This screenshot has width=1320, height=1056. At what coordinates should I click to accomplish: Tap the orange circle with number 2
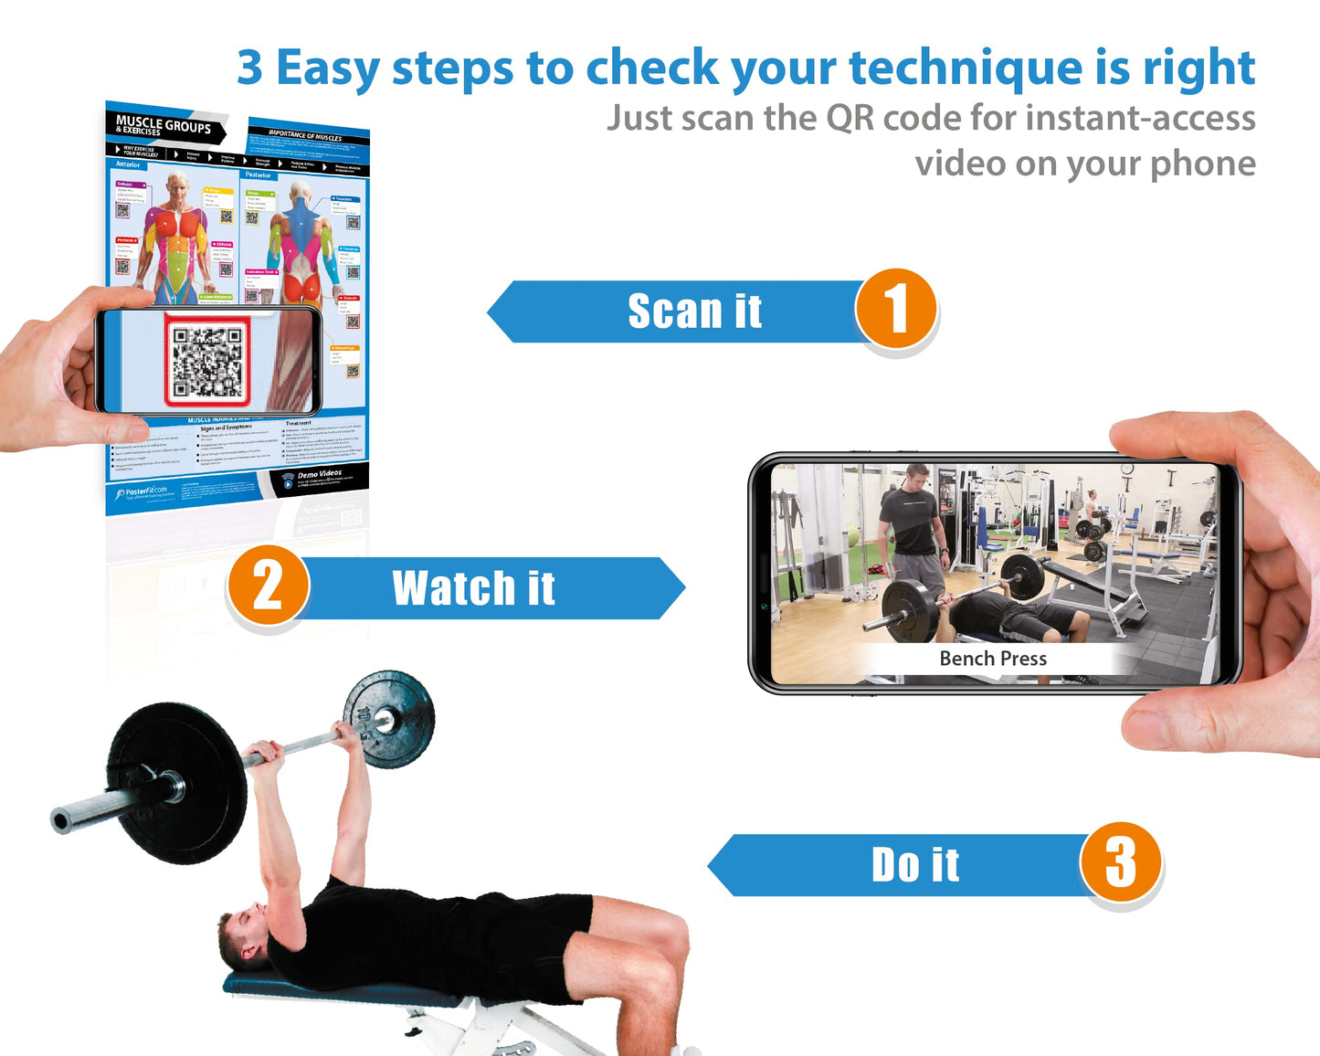point(268,586)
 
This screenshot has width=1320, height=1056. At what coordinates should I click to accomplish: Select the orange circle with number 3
point(1120,861)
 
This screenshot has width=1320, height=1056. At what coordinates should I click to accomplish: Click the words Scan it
point(694,312)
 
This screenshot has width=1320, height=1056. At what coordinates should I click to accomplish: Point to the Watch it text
point(473,588)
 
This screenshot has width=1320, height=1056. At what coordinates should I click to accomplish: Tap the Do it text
point(914,865)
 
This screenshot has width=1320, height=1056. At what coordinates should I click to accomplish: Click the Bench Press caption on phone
point(992,659)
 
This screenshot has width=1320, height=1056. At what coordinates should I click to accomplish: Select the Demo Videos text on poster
point(319,474)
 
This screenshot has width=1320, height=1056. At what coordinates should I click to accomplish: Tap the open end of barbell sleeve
point(61,820)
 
